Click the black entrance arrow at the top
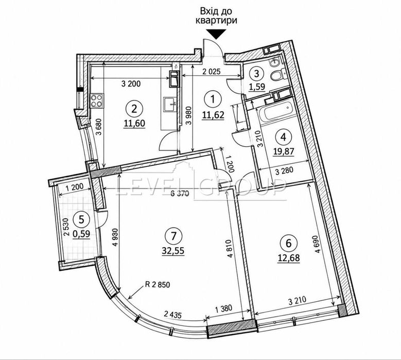(x=216, y=34)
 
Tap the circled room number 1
(x=213, y=98)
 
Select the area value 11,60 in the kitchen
(x=134, y=123)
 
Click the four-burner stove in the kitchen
(x=97, y=100)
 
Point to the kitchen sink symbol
(x=169, y=105)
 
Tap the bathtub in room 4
(x=276, y=112)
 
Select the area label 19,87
(x=284, y=152)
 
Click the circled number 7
(x=173, y=235)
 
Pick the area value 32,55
(x=173, y=251)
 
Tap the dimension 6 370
(x=180, y=194)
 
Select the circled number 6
(x=288, y=243)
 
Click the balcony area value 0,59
(x=81, y=234)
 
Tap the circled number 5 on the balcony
(x=81, y=219)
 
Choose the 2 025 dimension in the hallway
(x=212, y=72)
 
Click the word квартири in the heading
(x=216, y=20)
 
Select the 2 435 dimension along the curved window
(x=173, y=315)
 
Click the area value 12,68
(x=289, y=258)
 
